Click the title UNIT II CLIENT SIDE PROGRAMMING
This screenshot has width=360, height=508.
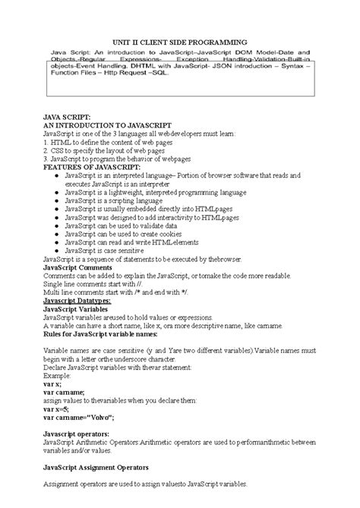click(x=179, y=42)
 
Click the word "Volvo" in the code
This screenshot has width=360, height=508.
click(x=98, y=417)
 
